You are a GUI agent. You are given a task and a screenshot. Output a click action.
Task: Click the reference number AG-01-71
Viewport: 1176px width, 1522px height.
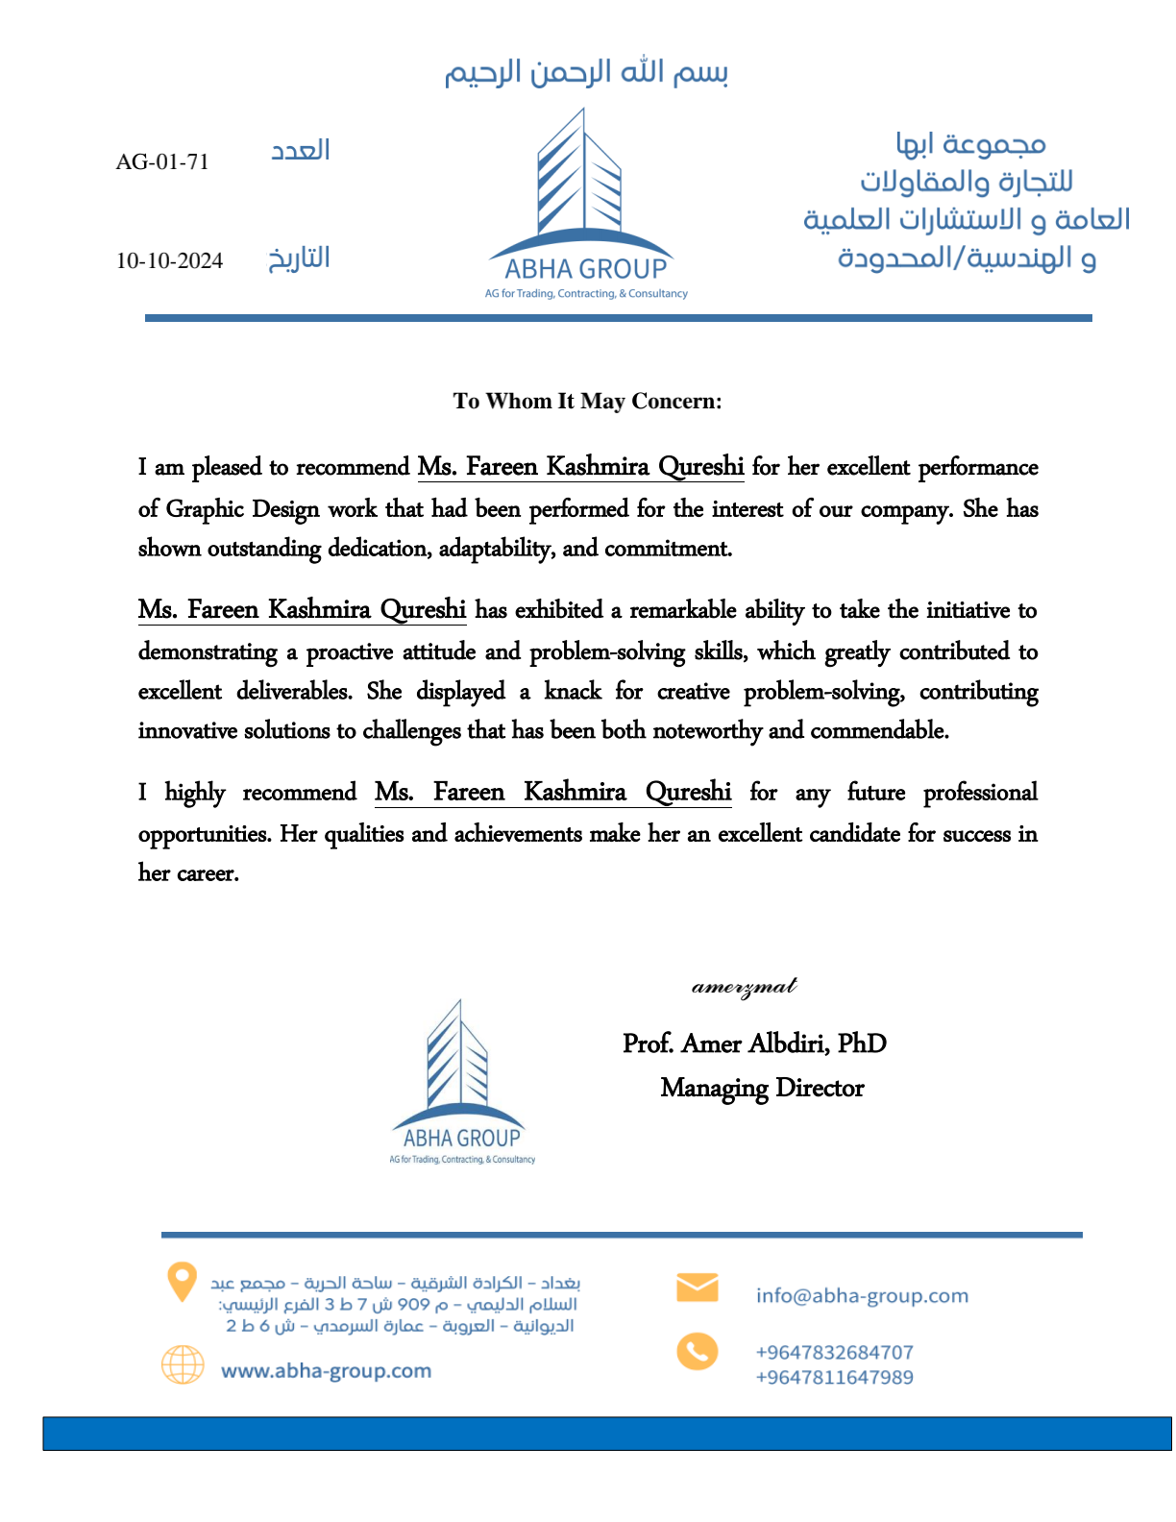click(162, 161)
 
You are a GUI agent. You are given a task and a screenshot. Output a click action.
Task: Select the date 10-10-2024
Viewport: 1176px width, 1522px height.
click(169, 260)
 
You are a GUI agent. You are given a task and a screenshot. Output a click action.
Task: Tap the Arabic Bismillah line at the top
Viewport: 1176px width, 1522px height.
click(586, 73)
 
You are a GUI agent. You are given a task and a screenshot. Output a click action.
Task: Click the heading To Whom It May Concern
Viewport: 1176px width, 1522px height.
click(587, 401)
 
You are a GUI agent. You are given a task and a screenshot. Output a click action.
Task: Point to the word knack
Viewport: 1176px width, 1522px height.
click(573, 692)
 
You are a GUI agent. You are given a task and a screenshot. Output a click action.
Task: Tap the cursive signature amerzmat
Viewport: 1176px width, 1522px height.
click(745, 987)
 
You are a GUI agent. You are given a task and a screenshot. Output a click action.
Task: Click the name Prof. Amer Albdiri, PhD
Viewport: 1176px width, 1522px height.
click(754, 1043)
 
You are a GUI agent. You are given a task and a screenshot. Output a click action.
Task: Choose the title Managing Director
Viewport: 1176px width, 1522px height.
click(762, 1088)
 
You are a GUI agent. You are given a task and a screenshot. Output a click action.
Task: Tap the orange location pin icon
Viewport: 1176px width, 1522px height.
click(182, 1282)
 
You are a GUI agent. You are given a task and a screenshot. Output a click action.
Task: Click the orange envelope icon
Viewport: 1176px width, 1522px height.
click(697, 1288)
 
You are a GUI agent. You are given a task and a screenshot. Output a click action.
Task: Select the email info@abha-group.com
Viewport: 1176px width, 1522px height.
click(862, 1295)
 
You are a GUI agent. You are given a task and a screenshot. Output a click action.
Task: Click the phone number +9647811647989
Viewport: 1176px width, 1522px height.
click(834, 1377)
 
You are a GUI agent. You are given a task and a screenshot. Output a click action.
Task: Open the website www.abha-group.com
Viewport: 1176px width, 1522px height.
click(326, 1370)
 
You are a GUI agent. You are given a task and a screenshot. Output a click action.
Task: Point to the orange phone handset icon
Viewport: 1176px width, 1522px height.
click(697, 1351)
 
